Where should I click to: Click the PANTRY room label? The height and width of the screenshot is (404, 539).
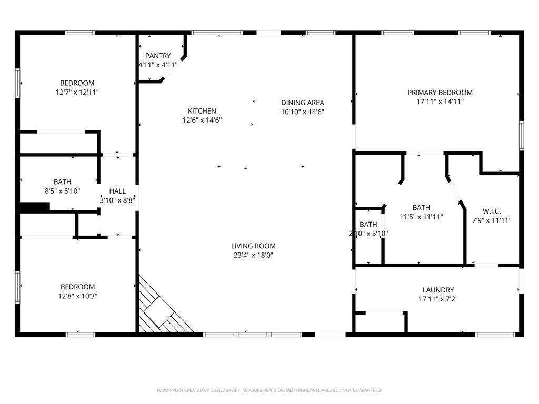(x=158, y=56)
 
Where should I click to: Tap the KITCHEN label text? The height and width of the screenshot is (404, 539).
(x=202, y=111)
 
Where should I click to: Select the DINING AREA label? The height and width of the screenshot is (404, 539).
(x=303, y=103)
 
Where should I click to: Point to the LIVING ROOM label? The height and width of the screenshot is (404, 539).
(x=253, y=246)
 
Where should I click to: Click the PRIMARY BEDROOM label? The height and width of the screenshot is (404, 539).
(x=440, y=93)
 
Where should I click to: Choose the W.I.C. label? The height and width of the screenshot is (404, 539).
(x=492, y=211)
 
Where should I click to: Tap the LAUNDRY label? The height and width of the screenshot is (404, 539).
(x=438, y=290)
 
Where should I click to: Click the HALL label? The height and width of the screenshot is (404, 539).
(x=117, y=191)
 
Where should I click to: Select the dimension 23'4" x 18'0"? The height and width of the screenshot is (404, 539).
(x=253, y=255)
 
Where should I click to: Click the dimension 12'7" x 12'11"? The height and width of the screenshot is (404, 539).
(x=77, y=92)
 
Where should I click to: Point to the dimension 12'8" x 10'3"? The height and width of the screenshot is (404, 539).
(x=78, y=296)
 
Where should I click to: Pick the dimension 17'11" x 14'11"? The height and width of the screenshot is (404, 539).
(x=440, y=102)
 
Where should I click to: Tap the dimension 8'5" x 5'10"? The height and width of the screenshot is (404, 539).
(x=62, y=191)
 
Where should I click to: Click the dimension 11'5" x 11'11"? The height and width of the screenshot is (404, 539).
(x=421, y=217)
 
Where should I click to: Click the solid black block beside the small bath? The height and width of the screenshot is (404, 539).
(x=34, y=207)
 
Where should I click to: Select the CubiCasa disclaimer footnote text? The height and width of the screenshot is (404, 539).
(x=269, y=390)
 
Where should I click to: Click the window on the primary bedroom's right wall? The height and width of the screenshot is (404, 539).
(x=521, y=136)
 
